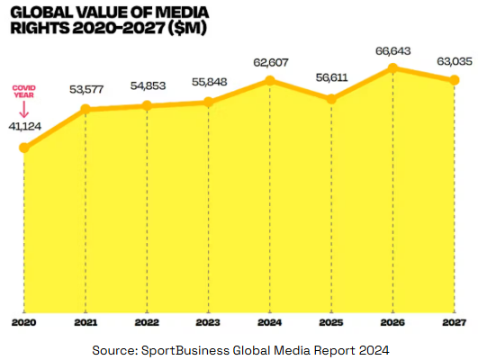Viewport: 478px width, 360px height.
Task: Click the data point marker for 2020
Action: tap(23, 147)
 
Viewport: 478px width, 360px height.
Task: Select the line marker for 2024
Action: tap(269, 81)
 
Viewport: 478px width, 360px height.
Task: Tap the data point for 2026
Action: tap(392, 67)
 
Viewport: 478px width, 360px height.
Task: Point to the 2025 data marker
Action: tap(331, 98)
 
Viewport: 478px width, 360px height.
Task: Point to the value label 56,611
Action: tap(331, 77)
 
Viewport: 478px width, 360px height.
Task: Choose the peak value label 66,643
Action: tap(392, 48)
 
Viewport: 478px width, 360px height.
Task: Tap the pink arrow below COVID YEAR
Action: tap(23, 109)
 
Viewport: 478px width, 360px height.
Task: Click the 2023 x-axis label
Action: tap(208, 320)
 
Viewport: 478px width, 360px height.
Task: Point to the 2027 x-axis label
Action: tap(454, 320)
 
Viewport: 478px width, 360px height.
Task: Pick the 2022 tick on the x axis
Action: tap(146, 320)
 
